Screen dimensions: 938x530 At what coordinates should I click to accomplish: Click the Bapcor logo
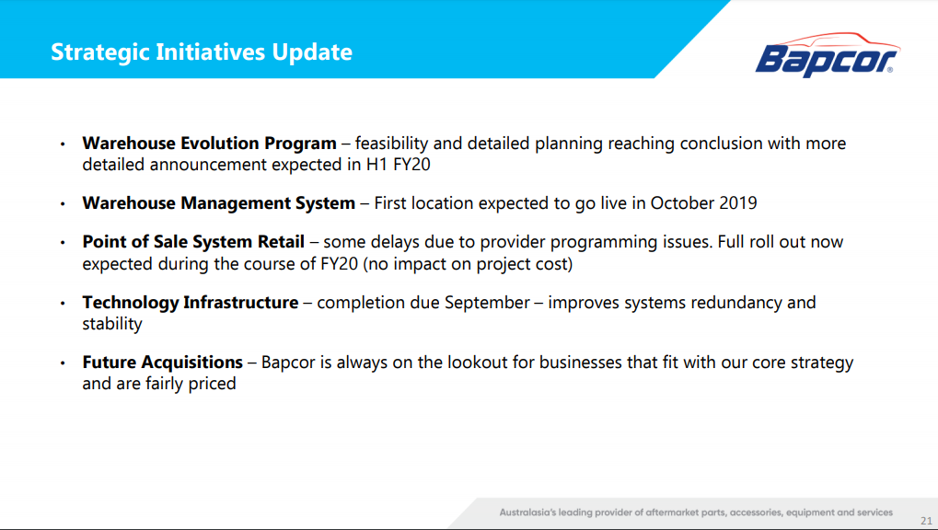click(828, 54)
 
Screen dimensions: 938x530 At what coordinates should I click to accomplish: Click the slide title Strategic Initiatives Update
click(202, 52)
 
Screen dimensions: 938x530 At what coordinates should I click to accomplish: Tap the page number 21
click(926, 521)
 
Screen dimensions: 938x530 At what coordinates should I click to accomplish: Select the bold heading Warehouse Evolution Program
click(209, 144)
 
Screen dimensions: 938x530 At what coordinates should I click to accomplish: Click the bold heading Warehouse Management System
click(219, 203)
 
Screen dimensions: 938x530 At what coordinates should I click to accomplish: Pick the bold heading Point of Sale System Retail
click(193, 242)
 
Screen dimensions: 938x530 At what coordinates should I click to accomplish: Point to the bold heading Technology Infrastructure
click(191, 303)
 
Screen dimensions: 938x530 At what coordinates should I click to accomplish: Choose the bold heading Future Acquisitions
click(163, 363)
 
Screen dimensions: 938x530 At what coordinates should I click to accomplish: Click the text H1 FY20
click(399, 165)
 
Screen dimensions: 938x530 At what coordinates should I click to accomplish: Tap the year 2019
click(738, 203)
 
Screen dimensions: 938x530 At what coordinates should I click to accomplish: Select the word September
click(487, 304)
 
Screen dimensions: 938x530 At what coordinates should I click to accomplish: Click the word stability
click(112, 324)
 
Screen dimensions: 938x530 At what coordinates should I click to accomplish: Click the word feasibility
click(392, 144)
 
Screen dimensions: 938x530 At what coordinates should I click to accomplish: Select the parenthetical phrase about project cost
click(468, 264)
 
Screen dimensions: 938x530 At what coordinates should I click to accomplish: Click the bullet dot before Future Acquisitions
click(63, 363)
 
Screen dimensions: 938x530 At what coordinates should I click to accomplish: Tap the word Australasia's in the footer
click(527, 513)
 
